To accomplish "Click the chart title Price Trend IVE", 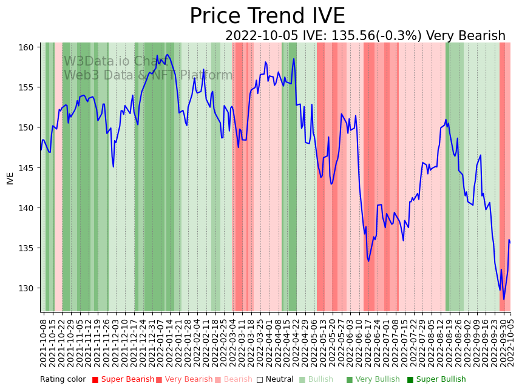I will (267, 16).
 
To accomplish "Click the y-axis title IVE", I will (10, 178).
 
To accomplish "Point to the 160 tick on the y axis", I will (28, 47).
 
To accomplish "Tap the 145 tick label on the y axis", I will (28, 167).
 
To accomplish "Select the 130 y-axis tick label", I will (28, 288).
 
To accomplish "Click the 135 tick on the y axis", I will (28, 248).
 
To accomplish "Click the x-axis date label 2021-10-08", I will (44, 342).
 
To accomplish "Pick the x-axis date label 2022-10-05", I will (510, 342).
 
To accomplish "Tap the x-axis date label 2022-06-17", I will (366, 342).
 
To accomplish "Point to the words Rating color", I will (63, 380).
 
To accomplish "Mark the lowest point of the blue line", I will (503, 299).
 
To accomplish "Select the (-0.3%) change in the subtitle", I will (396, 36).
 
